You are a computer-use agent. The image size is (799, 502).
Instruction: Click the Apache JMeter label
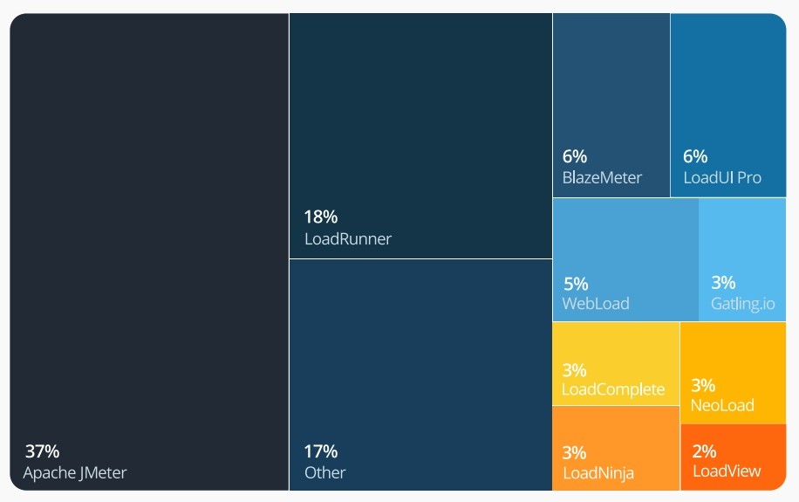point(75,473)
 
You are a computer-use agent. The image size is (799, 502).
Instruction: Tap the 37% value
point(42,451)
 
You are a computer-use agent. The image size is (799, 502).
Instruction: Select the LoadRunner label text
point(348,238)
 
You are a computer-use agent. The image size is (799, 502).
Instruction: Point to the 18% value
point(320,217)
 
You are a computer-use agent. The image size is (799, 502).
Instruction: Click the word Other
point(325,473)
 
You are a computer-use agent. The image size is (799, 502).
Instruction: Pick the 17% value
point(320,451)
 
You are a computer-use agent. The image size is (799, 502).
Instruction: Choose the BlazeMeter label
point(602,178)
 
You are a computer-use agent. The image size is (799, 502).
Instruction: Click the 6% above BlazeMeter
point(575,157)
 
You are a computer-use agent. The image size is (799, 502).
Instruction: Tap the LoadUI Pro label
point(722,178)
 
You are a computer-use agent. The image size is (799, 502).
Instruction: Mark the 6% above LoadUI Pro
point(695,157)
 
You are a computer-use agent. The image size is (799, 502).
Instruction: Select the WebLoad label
point(596,304)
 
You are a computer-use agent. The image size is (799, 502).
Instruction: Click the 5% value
point(576,284)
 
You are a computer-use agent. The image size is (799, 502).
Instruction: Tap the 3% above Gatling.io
point(723,283)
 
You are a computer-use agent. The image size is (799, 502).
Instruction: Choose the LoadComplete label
point(613,389)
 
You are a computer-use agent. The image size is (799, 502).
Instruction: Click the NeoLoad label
point(722,405)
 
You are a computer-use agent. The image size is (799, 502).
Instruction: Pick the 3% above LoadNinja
point(574,453)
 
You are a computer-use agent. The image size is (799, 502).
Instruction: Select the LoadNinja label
point(598,474)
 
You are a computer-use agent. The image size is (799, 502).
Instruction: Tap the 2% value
point(704,451)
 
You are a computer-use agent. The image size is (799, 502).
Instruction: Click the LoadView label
point(727,471)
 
